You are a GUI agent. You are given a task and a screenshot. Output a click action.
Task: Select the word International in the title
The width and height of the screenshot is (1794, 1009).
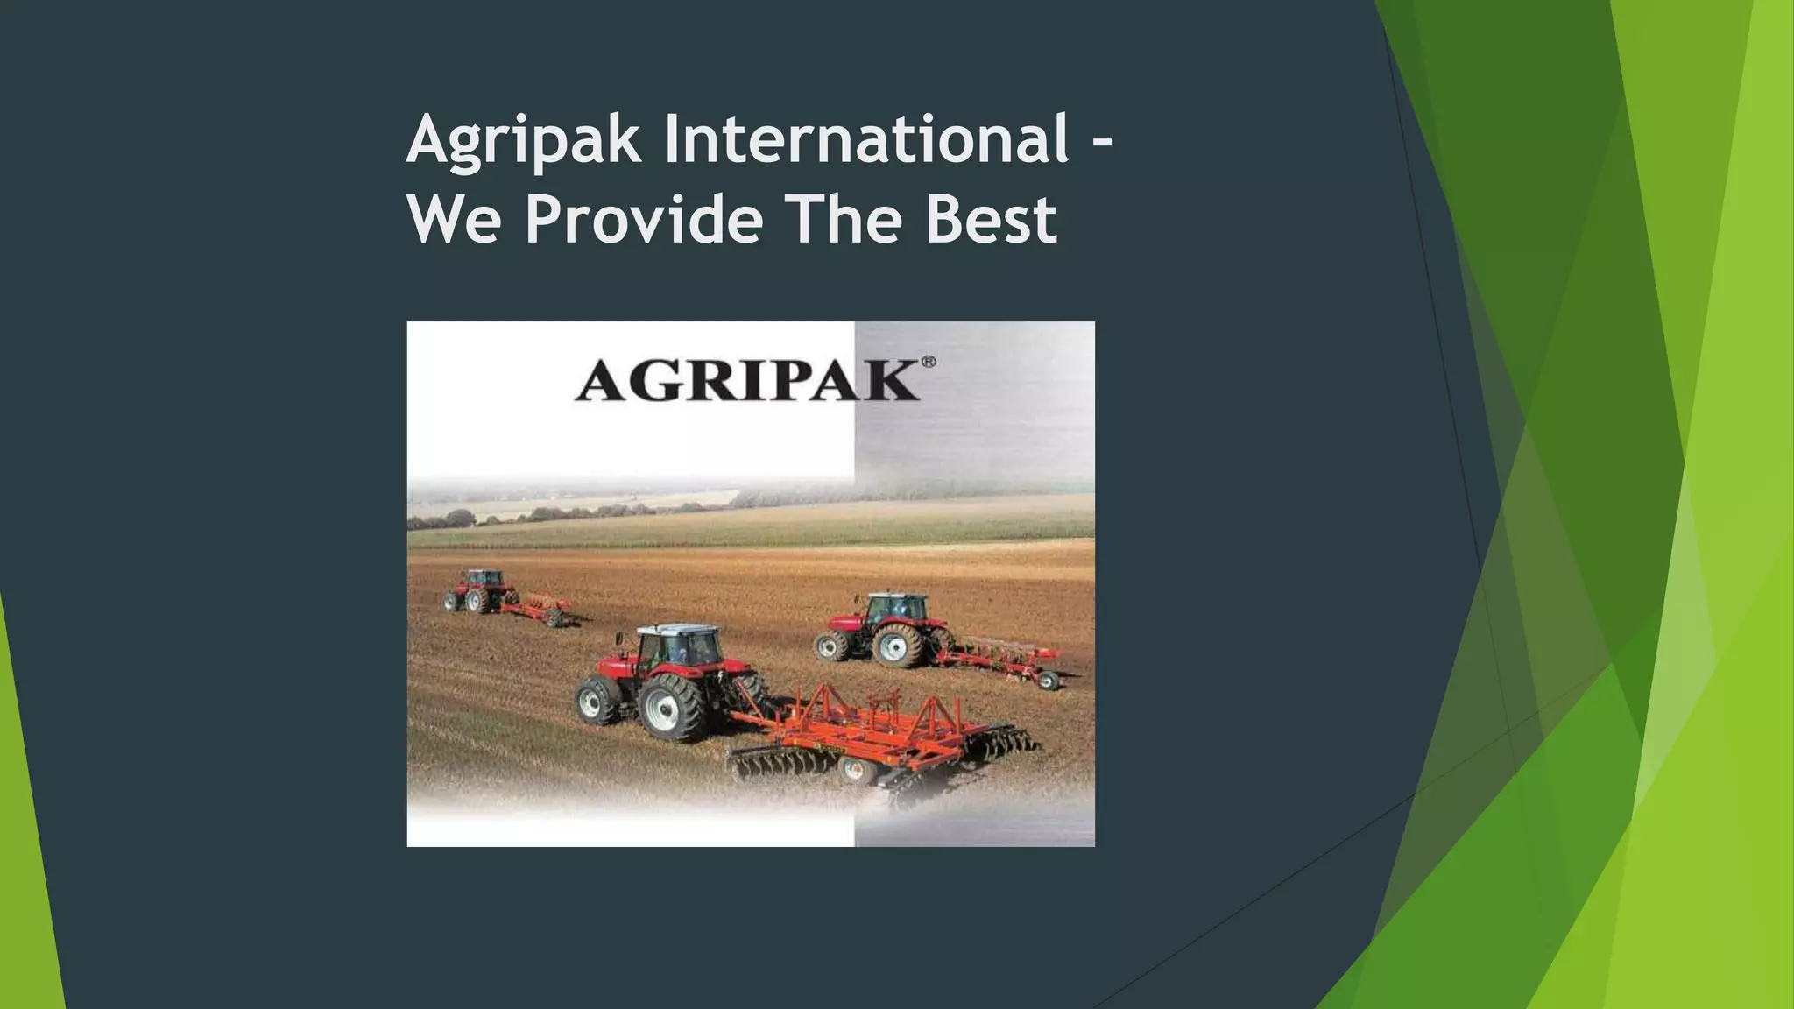[x=865, y=138]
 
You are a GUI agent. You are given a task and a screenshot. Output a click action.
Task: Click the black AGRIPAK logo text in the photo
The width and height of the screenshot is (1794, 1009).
[x=746, y=383]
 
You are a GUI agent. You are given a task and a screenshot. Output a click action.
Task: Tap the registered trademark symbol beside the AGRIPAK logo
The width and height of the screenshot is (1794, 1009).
[x=929, y=362]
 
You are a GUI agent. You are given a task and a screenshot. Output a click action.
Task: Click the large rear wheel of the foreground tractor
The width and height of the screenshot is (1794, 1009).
[x=672, y=706]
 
